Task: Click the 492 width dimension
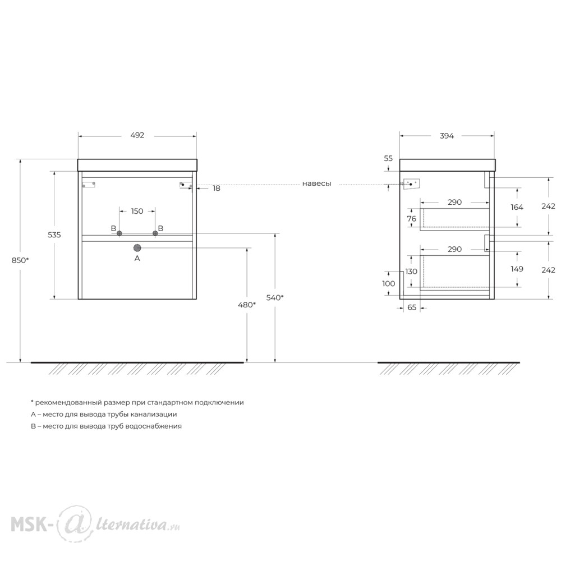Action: point(137,135)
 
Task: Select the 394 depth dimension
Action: point(447,136)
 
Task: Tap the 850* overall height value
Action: point(20,260)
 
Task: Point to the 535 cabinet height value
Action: point(54,234)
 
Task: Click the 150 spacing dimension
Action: point(137,211)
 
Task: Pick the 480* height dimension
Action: point(247,305)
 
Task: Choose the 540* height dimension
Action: point(275,298)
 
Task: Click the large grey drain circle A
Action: point(137,247)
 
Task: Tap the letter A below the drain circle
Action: point(137,258)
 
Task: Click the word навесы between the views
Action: point(316,183)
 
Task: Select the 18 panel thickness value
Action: point(217,188)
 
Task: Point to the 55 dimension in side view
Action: point(388,158)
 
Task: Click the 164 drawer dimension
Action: point(517,207)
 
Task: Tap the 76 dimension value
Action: point(411,219)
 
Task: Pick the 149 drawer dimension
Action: point(517,269)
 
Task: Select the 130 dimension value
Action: point(411,272)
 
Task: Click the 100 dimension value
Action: point(389,284)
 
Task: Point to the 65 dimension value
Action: point(412,307)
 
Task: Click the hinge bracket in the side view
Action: point(411,184)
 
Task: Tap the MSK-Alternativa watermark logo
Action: point(95,524)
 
